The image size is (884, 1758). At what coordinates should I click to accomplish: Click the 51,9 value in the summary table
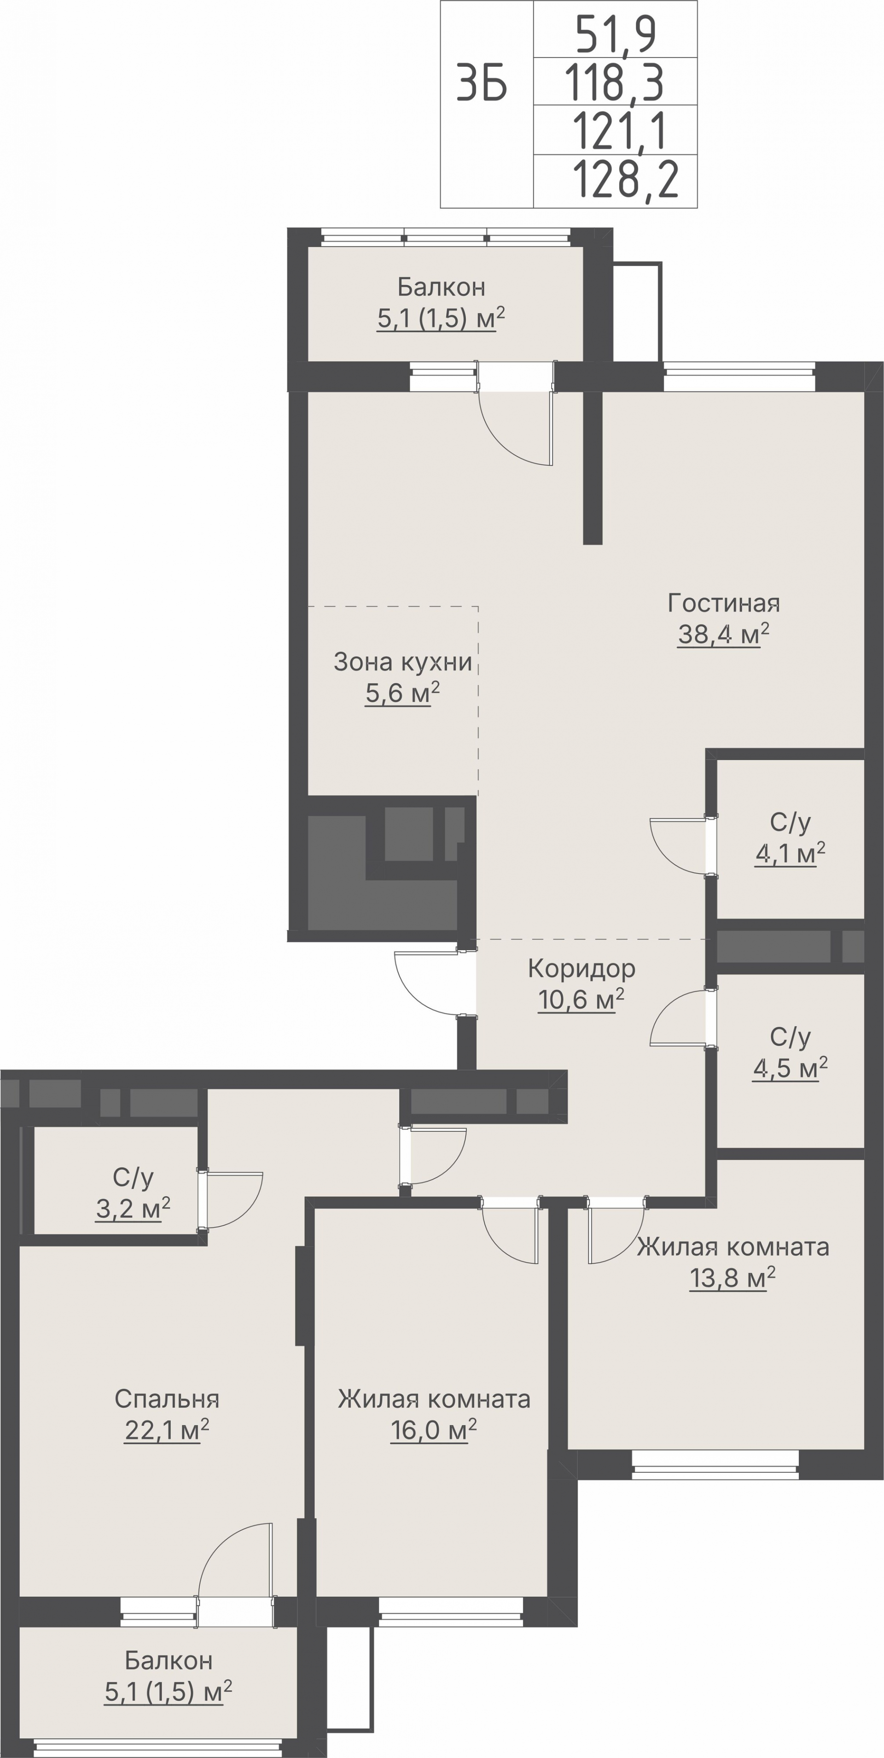(x=616, y=35)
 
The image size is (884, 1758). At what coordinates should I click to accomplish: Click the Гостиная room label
(x=724, y=603)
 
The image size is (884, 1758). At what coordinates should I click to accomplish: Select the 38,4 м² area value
(x=724, y=634)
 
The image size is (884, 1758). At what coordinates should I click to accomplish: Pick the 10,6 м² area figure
(x=581, y=1000)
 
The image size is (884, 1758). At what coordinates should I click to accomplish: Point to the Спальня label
(x=167, y=1399)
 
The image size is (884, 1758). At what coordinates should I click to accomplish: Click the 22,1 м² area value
(x=166, y=1430)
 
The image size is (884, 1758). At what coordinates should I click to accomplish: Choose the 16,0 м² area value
(x=433, y=1430)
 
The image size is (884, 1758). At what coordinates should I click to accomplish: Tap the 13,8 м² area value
(x=733, y=1278)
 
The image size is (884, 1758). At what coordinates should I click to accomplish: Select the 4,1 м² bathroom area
(x=790, y=853)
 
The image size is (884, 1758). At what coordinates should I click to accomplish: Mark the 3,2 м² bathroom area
(x=133, y=1209)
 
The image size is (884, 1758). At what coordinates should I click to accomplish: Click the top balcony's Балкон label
(x=442, y=287)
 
